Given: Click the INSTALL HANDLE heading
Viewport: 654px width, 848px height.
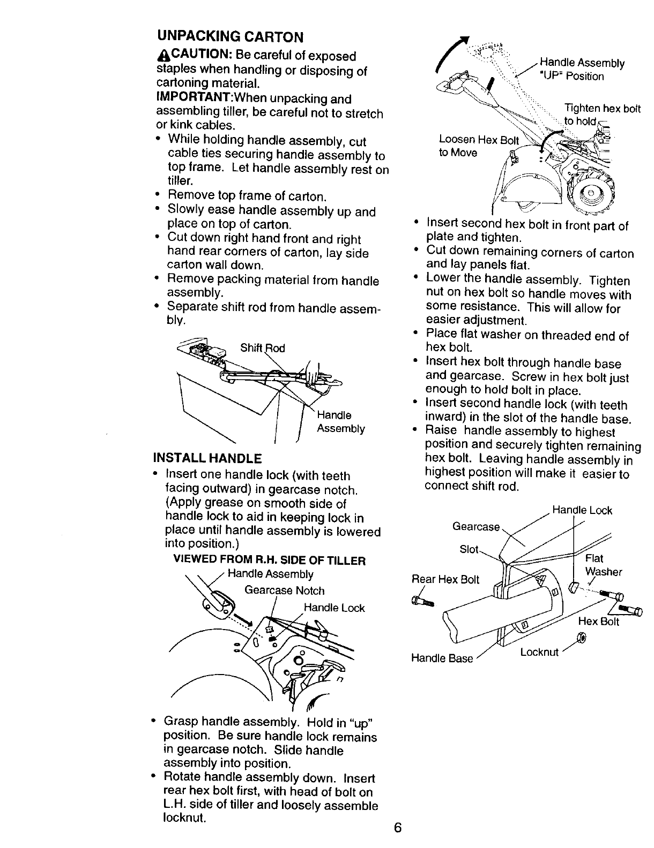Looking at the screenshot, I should [x=207, y=458].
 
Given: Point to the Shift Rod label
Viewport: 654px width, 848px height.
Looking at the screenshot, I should [x=262, y=349].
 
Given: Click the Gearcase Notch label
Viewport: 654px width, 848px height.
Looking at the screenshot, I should [x=284, y=590].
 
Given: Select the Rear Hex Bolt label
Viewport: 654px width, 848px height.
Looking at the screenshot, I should [x=445, y=579].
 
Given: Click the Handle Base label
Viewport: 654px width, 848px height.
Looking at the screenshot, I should [x=442, y=658].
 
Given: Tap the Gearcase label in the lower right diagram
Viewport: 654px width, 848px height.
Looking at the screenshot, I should [x=476, y=527].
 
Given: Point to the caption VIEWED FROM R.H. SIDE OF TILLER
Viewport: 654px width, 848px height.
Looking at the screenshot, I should [x=269, y=561].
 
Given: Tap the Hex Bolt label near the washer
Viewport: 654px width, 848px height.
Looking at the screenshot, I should [x=598, y=622].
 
